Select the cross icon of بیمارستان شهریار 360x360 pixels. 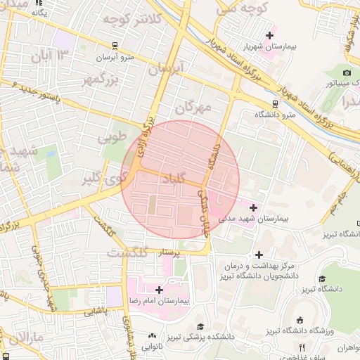[x=270, y=34]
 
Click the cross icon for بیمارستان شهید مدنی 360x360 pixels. [x=253, y=207]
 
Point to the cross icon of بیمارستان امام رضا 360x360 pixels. [x=160, y=289]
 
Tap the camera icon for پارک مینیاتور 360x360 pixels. [x=347, y=72]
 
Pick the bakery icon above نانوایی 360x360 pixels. [x=153, y=336]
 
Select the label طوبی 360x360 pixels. [x=113, y=137]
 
